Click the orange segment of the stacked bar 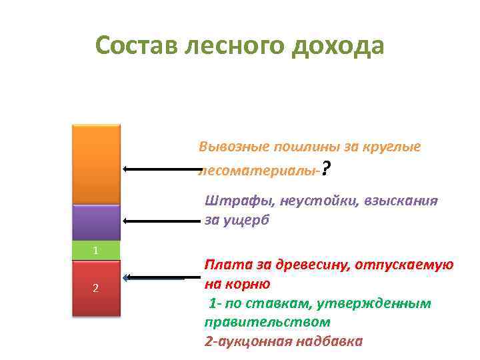[x=97, y=163]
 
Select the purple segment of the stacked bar [x=97, y=221]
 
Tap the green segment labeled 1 [x=97, y=251]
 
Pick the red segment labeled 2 [x=97, y=287]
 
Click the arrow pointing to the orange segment [x=160, y=169]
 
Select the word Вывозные [x=230, y=147]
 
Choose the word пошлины [x=297, y=147]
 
